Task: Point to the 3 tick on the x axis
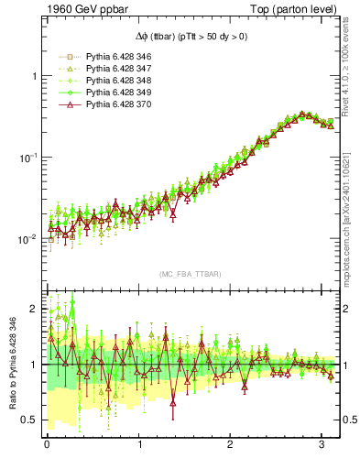(x=322, y=444)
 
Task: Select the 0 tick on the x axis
(x=47, y=444)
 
